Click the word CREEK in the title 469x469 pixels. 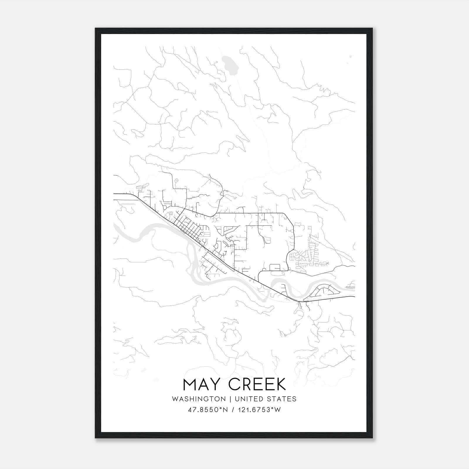pyautogui.click(x=257, y=384)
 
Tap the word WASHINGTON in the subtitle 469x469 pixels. pyautogui.click(x=199, y=399)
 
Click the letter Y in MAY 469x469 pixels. pyautogui.click(x=218, y=384)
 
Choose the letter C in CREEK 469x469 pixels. pyautogui.click(x=235, y=384)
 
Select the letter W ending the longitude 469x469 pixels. pyautogui.click(x=278, y=410)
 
